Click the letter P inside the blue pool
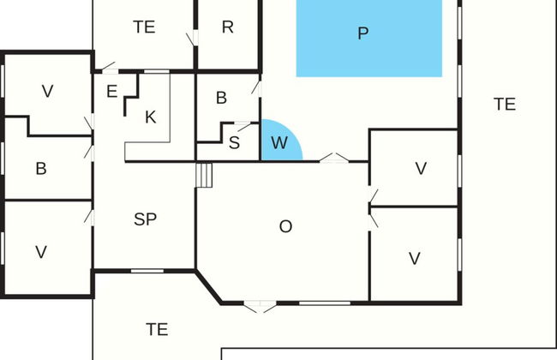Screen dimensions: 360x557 tap(363, 33)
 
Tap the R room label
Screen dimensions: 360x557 tap(227, 27)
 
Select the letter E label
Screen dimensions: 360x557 tap(111, 91)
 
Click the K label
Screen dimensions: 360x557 tap(151, 117)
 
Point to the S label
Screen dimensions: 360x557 tap(234, 142)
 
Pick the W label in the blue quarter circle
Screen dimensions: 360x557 tap(279, 143)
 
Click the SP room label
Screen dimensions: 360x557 tap(146, 219)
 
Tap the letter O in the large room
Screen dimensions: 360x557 tap(286, 226)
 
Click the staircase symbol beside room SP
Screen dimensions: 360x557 tap(204, 175)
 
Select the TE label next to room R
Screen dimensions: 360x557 tap(144, 27)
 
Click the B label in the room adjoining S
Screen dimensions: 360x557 tap(221, 98)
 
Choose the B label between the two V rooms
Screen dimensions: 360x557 tap(41, 168)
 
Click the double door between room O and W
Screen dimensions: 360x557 tap(333, 158)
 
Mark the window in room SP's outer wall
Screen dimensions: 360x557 tap(147, 271)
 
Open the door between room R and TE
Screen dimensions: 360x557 tap(191, 39)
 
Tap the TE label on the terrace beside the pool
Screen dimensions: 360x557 tap(505, 104)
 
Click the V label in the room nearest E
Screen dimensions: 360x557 tap(48, 91)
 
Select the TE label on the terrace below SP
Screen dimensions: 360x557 tap(156, 328)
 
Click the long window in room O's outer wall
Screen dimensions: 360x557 tap(325, 302)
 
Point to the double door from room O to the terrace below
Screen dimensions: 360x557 tap(258, 303)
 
